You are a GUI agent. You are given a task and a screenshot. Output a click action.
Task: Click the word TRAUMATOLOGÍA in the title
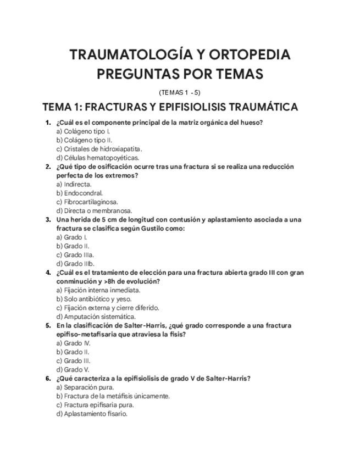(130, 55)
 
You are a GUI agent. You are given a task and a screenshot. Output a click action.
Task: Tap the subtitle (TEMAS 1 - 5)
(180, 92)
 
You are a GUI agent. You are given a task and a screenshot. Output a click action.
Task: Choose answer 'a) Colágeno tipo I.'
(84, 131)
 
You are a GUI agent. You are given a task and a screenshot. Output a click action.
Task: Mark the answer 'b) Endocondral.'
(80, 193)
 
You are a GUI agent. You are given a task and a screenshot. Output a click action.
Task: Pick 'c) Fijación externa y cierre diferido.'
(108, 308)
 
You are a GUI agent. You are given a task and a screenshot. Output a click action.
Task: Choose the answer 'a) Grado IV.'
(73, 343)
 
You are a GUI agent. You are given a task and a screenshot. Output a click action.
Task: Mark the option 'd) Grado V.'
(73, 369)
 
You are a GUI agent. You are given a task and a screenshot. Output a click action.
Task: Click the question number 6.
(48, 378)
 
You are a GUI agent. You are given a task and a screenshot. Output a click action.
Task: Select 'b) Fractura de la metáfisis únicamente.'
(113, 396)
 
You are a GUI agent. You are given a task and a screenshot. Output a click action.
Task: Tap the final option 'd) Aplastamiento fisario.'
(92, 413)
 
